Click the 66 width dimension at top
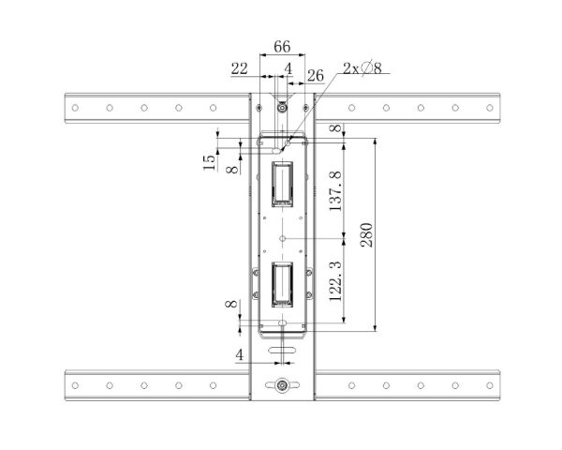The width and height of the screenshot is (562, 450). [x=282, y=47]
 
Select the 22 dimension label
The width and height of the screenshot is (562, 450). [x=240, y=68]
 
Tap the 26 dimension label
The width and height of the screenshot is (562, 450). [x=316, y=76]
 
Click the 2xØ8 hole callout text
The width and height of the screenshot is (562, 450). [x=362, y=67]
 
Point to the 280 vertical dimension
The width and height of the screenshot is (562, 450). [x=366, y=234]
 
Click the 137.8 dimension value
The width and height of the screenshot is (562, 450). [x=336, y=191]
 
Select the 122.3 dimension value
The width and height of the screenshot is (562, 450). [x=336, y=281]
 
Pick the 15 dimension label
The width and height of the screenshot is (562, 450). [x=209, y=162]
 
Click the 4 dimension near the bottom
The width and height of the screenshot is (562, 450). [x=240, y=355]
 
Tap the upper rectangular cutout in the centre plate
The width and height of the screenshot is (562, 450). [x=283, y=184]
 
